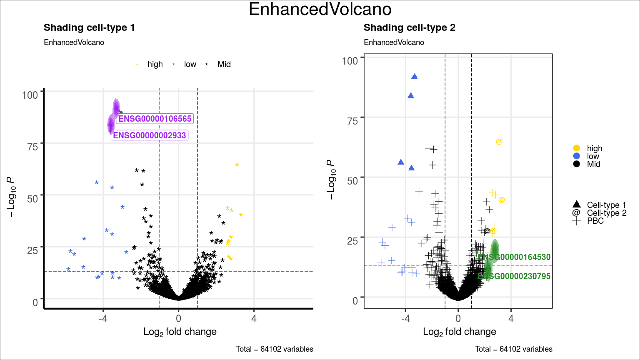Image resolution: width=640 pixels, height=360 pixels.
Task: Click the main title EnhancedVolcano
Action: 320,10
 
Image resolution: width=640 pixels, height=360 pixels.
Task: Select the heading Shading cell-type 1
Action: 89,28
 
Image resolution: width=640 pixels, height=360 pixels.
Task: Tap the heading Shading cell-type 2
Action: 409,28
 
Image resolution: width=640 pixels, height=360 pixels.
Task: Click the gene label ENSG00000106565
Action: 155,119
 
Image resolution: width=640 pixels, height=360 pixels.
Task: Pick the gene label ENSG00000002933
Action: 149,135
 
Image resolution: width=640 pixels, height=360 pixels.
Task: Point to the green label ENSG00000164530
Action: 514,257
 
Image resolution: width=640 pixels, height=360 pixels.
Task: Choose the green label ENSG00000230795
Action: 514,276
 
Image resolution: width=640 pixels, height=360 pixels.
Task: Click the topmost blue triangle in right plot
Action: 415,77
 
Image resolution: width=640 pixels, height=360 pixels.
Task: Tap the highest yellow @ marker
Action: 499,142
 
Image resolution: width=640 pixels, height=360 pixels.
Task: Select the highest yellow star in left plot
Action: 237,165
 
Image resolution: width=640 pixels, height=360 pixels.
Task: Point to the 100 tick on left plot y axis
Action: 30,95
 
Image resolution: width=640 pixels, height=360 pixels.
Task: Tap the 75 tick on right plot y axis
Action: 352,121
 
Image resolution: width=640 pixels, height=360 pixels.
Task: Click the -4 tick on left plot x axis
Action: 103,319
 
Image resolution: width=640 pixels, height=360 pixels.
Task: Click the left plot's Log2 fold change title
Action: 180,332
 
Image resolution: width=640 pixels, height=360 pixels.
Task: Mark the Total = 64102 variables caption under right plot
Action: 513,349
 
